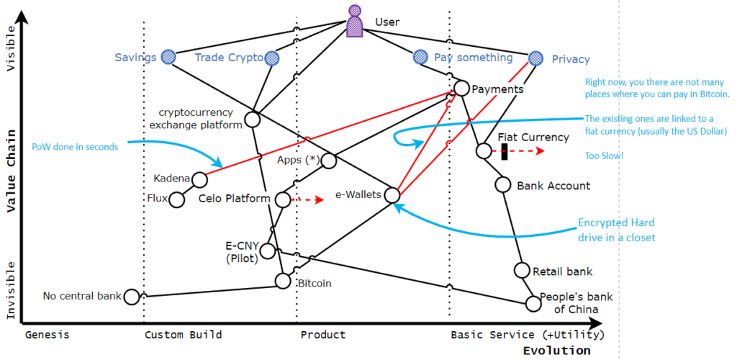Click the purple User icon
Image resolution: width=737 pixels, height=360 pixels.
pyautogui.click(x=355, y=22)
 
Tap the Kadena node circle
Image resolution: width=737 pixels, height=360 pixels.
pyautogui.click(x=200, y=179)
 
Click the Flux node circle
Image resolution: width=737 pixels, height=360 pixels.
pyautogui.click(x=176, y=199)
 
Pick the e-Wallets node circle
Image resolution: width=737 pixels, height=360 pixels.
pyautogui.click(x=392, y=194)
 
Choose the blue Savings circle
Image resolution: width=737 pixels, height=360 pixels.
pyautogui.click(x=168, y=56)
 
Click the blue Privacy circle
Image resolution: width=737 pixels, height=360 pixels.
pyautogui.click(x=535, y=58)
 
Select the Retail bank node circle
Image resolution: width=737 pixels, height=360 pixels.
pyautogui.click(x=523, y=271)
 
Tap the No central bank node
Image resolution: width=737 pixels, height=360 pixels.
pyautogui.click(x=132, y=296)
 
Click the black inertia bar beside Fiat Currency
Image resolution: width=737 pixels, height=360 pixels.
pyautogui.click(x=505, y=151)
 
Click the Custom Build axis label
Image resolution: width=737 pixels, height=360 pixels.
pyautogui.click(x=183, y=335)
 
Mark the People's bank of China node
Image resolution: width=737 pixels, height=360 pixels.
pyautogui.click(x=533, y=303)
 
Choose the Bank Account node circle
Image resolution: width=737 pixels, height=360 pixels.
pyautogui.click(x=503, y=184)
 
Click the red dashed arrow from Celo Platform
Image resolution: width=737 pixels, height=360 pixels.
pyautogui.click(x=308, y=199)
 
